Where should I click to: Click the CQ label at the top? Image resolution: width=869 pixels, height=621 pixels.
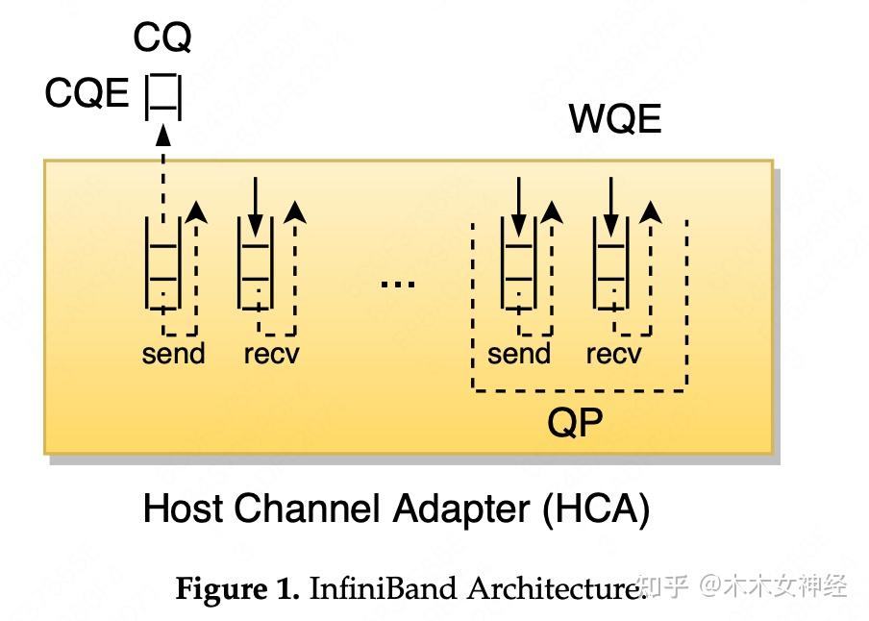[161, 38]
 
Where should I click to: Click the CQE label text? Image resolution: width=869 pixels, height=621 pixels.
[87, 94]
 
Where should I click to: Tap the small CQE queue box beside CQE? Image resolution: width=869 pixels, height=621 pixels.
[162, 96]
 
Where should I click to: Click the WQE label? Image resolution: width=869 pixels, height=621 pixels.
[615, 120]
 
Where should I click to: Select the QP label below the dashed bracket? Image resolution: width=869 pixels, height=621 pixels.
[575, 421]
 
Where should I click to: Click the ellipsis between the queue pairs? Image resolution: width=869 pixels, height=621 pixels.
[397, 283]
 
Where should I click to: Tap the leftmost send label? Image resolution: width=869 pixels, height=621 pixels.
[173, 354]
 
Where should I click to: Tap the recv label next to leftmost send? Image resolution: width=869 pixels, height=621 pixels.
[271, 354]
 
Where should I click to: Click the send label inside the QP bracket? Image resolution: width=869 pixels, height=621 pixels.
[519, 354]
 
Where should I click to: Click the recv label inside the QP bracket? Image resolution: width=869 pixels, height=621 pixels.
[613, 354]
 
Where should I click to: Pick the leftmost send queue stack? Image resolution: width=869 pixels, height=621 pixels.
[162, 262]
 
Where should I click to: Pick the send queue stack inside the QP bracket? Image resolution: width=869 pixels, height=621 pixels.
[518, 262]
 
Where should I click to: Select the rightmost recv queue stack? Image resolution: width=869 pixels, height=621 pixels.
[609, 262]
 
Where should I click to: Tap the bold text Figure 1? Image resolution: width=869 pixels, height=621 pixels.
[237, 588]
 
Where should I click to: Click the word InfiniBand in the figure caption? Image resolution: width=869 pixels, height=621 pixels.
[384, 588]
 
